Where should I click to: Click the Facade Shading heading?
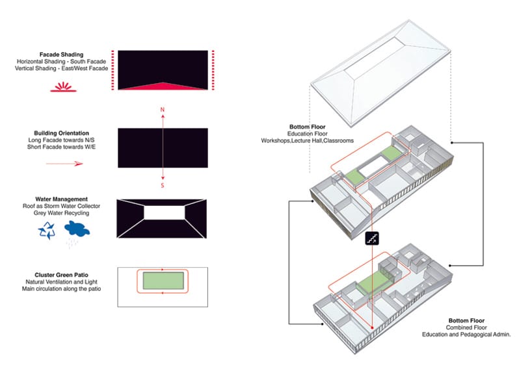pyautogui.click(x=61, y=55)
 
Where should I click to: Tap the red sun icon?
pyautogui.click(x=64, y=87)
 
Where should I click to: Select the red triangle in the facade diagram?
pyautogui.click(x=163, y=86)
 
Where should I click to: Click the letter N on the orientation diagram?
pyautogui.click(x=163, y=110)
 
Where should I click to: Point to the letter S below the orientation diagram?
pyautogui.click(x=163, y=185)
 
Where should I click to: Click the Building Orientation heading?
pyautogui.click(x=61, y=133)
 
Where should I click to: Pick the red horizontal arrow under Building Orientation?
pyautogui.click(x=64, y=164)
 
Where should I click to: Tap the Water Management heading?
pyautogui.click(x=61, y=199)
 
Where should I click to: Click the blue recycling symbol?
pyautogui.click(x=47, y=231)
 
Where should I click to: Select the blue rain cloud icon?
pyautogui.click(x=77, y=229)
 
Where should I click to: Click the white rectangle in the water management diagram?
pyautogui.click(x=165, y=212)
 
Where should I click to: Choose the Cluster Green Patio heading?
pyautogui.click(x=61, y=275)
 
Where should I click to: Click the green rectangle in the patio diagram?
pyautogui.click(x=163, y=281)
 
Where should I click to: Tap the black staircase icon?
pyautogui.click(x=372, y=238)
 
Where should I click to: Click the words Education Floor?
pyautogui.click(x=308, y=134)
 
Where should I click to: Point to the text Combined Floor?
pyautogui.click(x=466, y=327)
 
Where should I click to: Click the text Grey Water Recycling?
pyautogui.click(x=61, y=213)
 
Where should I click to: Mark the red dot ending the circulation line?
pyautogui.click(x=372, y=328)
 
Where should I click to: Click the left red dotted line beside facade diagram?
pyautogui.click(x=113, y=70)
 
